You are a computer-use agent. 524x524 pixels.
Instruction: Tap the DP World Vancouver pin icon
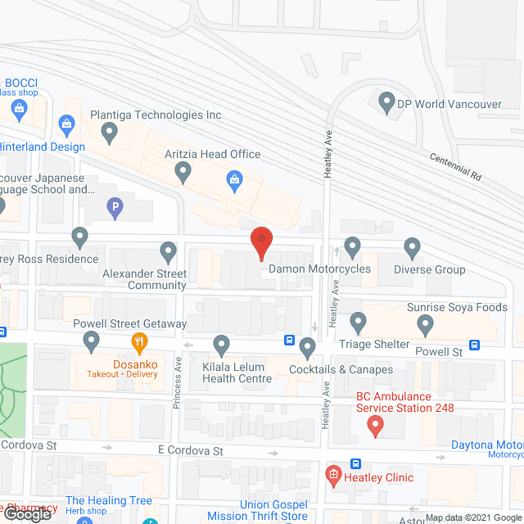pyautogui.click(x=386, y=103)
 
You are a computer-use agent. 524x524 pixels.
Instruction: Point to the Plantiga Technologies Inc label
pyautogui.click(x=156, y=115)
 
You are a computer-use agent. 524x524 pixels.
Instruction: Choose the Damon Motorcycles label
pyautogui.click(x=319, y=269)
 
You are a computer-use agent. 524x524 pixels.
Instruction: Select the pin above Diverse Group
pyautogui.click(x=413, y=246)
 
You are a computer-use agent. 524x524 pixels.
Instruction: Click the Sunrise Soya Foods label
pyautogui.click(x=457, y=308)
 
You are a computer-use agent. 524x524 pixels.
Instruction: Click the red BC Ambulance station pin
pyautogui.click(x=375, y=425)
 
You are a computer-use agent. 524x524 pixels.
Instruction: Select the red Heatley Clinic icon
pyautogui.click(x=333, y=474)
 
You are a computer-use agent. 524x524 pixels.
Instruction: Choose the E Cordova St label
pyautogui.click(x=190, y=450)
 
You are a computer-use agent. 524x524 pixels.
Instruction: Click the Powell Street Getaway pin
pyautogui.click(x=92, y=339)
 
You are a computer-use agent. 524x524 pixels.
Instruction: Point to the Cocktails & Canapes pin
pyautogui.click(x=308, y=348)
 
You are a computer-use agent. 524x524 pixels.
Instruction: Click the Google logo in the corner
pyautogui.click(x=29, y=513)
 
